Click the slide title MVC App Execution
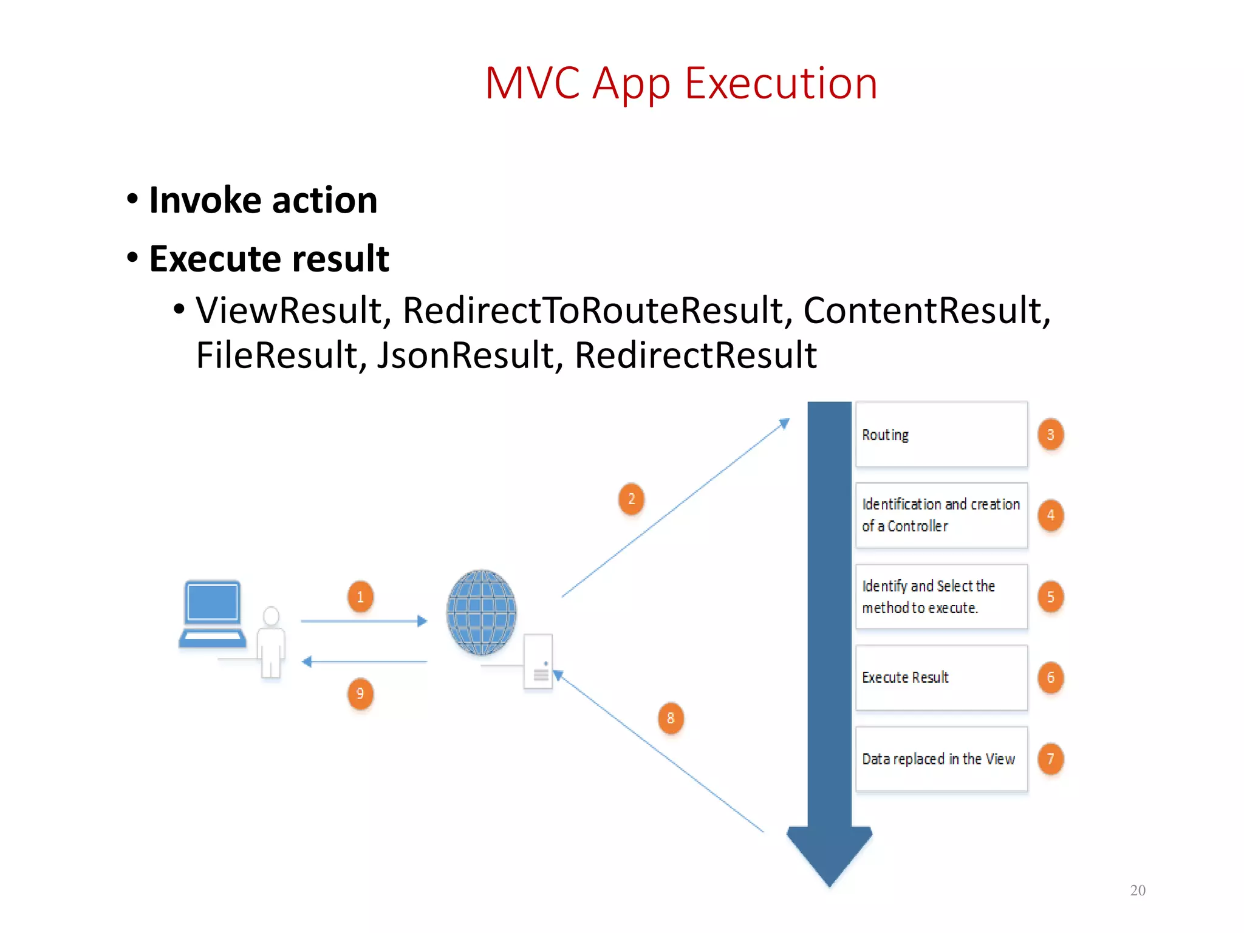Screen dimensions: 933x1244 click(x=681, y=83)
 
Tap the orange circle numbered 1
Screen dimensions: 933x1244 click(x=360, y=596)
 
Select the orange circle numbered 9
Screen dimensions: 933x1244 click(x=360, y=694)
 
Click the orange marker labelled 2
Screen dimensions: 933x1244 click(x=631, y=499)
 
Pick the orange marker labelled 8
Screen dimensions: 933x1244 click(x=671, y=718)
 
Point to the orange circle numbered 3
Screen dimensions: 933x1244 click(x=1050, y=435)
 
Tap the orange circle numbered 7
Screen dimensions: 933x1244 click(x=1050, y=759)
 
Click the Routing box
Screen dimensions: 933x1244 click(x=941, y=435)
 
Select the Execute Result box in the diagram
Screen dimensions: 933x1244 click(x=941, y=677)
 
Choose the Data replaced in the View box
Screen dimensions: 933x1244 click(x=941, y=759)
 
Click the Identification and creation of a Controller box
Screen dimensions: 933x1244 click(x=941, y=515)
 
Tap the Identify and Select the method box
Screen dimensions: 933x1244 click(x=941, y=596)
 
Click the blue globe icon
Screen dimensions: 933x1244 click(x=481, y=612)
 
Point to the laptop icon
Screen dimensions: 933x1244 click(x=213, y=613)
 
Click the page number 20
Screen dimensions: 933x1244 click(x=1137, y=890)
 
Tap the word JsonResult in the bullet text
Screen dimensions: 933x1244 click(x=464, y=355)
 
